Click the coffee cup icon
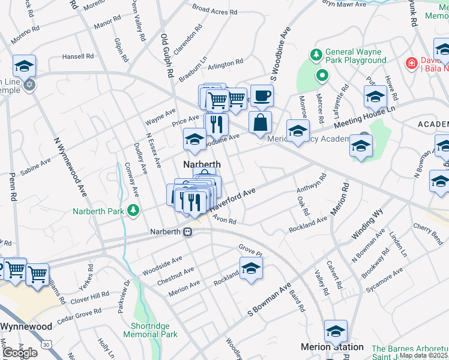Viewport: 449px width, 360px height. (261, 95)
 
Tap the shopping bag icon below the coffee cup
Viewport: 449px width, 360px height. (260, 122)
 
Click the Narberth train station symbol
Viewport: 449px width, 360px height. (188, 232)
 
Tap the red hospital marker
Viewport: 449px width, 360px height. (412, 62)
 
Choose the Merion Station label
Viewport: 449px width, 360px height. (332, 347)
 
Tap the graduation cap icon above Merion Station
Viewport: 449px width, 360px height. (336, 331)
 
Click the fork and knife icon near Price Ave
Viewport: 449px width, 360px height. (216, 124)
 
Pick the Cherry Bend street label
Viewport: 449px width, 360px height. (428, 230)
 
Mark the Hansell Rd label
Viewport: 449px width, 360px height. (78, 56)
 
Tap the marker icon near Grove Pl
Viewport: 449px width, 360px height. (251, 268)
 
